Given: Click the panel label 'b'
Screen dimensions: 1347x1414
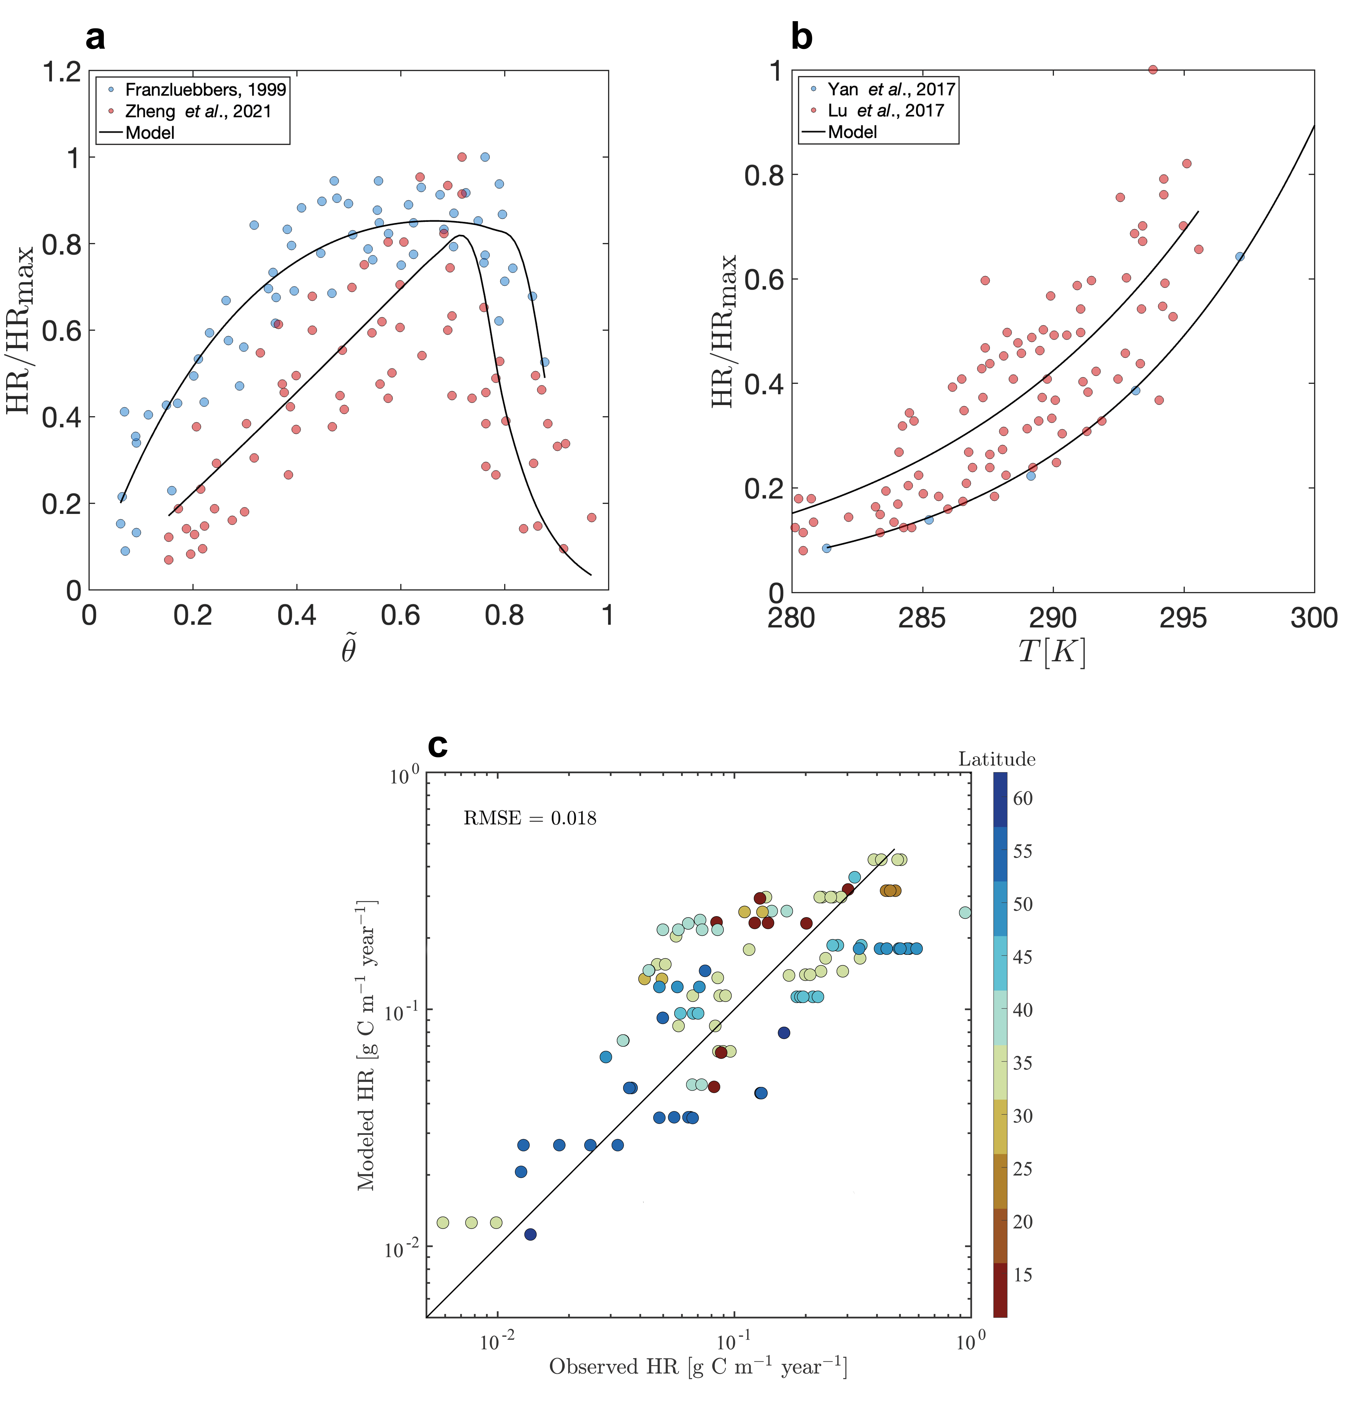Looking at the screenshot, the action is (x=801, y=36).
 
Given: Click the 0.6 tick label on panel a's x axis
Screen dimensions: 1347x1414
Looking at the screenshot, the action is (x=401, y=615).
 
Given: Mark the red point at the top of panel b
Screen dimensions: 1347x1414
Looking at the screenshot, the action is (x=1152, y=70).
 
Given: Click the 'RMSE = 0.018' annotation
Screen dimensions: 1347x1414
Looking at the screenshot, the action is (x=530, y=818).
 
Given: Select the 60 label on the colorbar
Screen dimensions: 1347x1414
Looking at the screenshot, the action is (x=1022, y=798).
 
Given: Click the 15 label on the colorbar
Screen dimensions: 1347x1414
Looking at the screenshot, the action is (x=1022, y=1275).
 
